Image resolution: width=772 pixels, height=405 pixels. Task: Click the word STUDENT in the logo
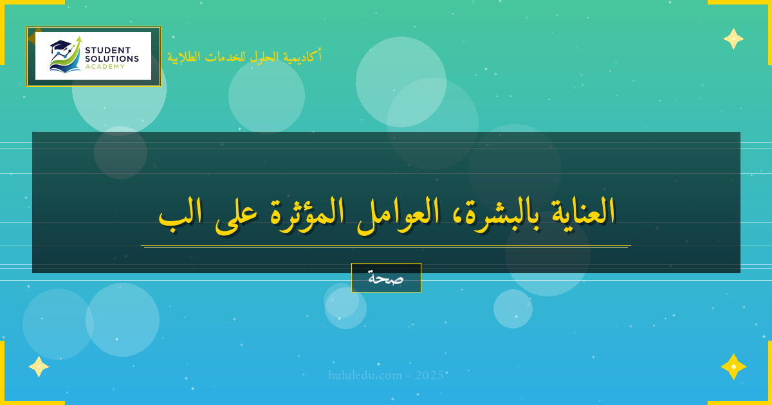(x=107, y=50)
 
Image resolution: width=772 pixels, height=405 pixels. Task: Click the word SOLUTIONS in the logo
(x=112, y=59)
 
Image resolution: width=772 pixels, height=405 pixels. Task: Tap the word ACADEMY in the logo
(x=105, y=66)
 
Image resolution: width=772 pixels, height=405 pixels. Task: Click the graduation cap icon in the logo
(x=60, y=46)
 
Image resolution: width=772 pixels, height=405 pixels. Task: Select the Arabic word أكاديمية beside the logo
(x=302, y=57)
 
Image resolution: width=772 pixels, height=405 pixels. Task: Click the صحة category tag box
(x=386, y=278)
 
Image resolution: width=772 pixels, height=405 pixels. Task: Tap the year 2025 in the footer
(x=429, y=375)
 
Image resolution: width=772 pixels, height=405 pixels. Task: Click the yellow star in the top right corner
(x=733, y=39)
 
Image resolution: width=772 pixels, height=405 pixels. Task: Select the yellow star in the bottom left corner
(x=39, y=366)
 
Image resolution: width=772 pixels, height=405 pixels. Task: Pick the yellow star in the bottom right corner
(x=733, y=366)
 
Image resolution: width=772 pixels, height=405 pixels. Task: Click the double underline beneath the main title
(x=386, y=246)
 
